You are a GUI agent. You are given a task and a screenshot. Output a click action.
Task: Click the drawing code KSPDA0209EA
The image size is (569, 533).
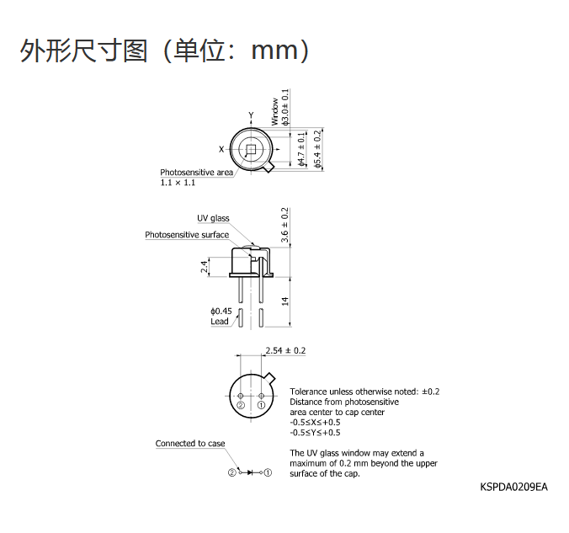tap(513, 487)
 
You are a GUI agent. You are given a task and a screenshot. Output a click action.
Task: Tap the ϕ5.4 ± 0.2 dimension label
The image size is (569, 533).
tap(318, 149)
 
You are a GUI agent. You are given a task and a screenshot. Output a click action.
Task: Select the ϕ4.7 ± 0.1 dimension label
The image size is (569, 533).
tap(301, 149)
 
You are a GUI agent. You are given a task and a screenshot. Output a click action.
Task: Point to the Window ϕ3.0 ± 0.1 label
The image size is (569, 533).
tap(280, 107)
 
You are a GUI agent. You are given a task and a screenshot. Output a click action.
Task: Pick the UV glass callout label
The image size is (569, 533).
tap(214, 218)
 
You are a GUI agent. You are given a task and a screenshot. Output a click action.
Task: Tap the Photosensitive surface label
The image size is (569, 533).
tap(187, 235)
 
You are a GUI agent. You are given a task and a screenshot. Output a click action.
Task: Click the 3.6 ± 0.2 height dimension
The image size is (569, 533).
tap(284, 225)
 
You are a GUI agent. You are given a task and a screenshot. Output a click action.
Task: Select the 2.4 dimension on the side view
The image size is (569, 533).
tap(205, 267)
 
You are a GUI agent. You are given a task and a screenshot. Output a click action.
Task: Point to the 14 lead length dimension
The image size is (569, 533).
tap(284, 301)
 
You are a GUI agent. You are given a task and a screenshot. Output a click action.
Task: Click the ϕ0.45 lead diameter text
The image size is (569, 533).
tap(221, 312)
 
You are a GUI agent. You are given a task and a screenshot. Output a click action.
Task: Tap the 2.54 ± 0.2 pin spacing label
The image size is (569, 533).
tap(285, 350)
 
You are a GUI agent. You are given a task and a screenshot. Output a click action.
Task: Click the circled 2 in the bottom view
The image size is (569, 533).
tap(241, 405)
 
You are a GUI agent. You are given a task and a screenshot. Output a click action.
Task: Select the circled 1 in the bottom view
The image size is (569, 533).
tap(261, 405)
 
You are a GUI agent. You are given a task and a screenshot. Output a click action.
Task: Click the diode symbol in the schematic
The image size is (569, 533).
tap(250, 472)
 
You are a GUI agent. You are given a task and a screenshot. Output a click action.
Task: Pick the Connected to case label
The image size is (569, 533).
tap(190, 443)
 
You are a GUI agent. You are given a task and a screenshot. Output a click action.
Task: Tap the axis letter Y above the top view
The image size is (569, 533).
tap(251, 115)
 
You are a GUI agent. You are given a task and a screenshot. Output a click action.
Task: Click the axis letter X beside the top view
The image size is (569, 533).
tap(221, 149)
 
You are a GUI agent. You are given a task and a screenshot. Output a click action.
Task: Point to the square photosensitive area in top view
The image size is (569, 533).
tap(251, 149)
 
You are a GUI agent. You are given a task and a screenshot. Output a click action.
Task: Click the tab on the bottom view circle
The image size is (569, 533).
tap(270, 378)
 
